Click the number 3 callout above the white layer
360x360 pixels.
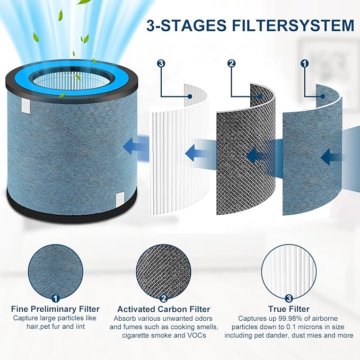(x=162, y=64)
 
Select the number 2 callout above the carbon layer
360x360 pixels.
(x=231, y=64)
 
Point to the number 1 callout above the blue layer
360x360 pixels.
(x=304, y=64)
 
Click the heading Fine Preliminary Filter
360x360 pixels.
(x=55, y=309)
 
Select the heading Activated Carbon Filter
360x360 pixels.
(x=163, y=309)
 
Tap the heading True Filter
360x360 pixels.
(x=288, y=309)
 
